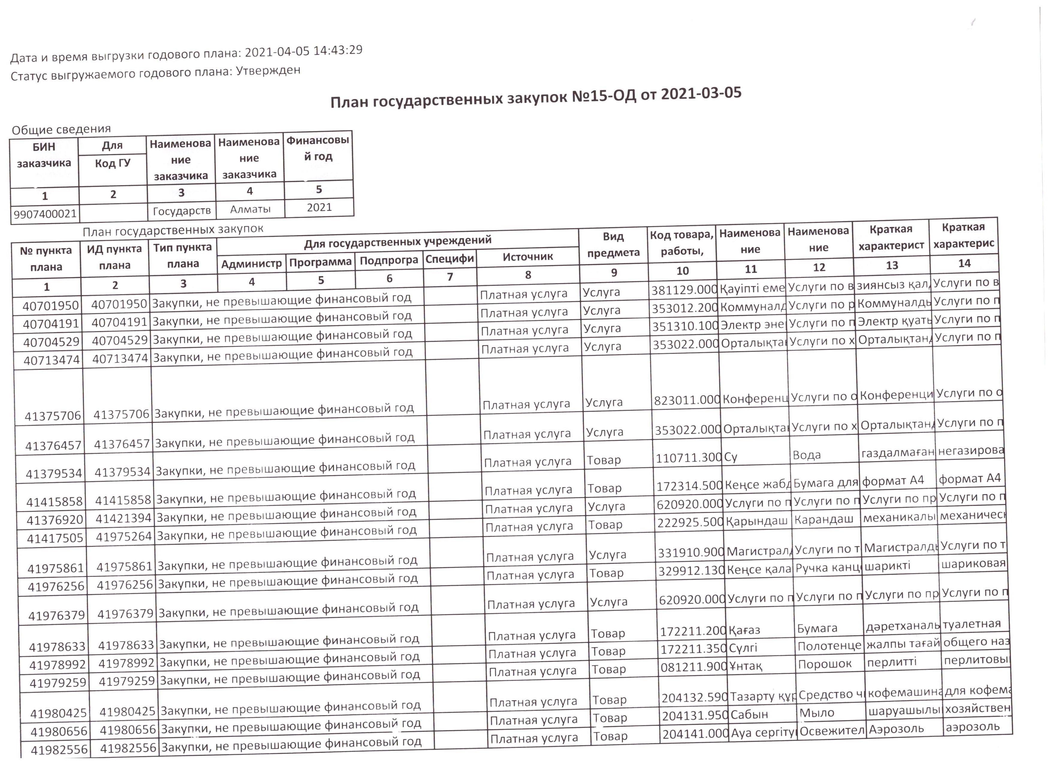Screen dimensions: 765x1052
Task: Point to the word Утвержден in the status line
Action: click(268, 71)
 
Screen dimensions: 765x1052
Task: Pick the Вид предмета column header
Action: click(613, 245)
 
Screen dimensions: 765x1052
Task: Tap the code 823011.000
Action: click(686, 400)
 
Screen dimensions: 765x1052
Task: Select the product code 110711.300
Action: click(688, 458)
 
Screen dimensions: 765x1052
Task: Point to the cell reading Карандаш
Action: click(823, 519)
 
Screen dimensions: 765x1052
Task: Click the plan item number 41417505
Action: click(55, 538)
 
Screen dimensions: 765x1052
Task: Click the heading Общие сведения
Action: click(61, 129)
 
